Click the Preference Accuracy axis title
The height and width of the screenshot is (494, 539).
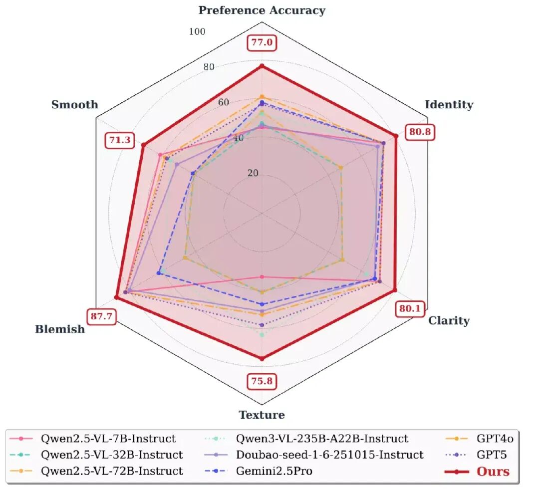(262, 10)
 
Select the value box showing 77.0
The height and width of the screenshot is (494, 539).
(262, 42)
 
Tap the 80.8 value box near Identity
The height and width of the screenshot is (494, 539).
(420, 132)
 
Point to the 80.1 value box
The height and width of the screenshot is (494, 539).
(410, 308)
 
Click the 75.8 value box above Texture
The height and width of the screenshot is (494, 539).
(262, 381)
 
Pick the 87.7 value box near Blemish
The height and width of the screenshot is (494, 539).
(101, 316)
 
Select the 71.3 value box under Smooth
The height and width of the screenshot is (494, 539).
(120, 140)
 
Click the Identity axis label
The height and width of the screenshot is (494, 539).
(449, 104)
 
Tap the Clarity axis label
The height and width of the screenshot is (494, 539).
(449, 321)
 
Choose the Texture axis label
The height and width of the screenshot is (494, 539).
(262, 415)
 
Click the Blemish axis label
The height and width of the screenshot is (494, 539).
(60, 329)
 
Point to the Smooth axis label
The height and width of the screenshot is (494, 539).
(74, 104)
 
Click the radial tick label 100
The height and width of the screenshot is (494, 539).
(197, 31)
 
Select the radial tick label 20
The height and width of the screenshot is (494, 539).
(253, 173)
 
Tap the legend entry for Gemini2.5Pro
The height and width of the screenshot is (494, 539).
(259, 471)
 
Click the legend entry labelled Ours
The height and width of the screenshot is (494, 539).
(477, 472)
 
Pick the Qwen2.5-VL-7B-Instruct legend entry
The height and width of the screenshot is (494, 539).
(93, 439)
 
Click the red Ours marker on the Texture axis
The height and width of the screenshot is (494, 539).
(262, 358)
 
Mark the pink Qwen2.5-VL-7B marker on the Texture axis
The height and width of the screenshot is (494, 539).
(262, 277)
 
